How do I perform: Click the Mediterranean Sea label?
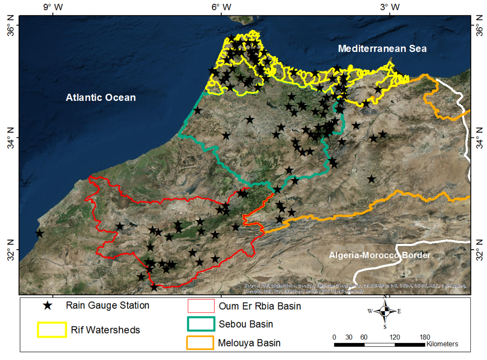(x=382, y=49)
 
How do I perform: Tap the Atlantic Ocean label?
(x=100, y=97)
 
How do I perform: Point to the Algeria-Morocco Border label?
(x=380, y=255)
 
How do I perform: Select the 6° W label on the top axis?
(x=221, y=7)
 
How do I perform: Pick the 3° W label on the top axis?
(x=389, y=7)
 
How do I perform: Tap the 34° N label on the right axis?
(x=478, y=137)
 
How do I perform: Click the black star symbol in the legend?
(x=48, y=306)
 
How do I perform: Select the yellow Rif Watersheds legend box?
(x=52, y=330)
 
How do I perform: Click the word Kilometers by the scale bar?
(x=442, y=344)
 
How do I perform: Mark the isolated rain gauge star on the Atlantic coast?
(x=39, y=234)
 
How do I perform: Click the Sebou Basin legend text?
(x=246, y=324)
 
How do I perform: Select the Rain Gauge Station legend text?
(x=107, y=305)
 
